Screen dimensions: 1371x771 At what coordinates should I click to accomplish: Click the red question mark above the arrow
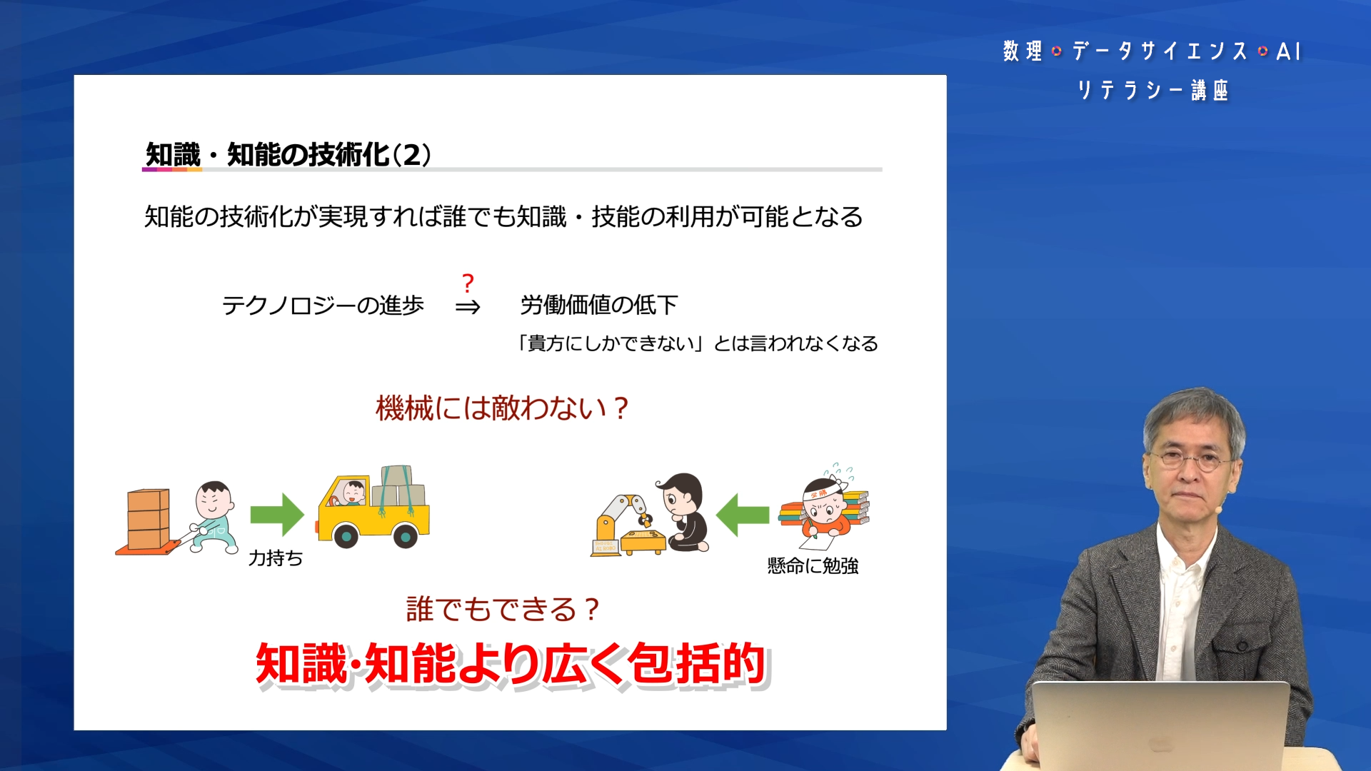(468, 283)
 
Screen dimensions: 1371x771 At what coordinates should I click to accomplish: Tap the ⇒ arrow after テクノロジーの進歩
(468, 307)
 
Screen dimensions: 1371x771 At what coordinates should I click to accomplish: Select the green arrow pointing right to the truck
(277, 514)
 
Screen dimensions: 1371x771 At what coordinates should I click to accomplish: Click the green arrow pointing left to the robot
(743, 515)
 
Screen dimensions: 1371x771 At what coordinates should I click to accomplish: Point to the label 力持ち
(276, 558)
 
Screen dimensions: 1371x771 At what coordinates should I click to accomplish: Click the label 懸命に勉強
(813, 566)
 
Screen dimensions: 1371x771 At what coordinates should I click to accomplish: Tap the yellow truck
(373, 508)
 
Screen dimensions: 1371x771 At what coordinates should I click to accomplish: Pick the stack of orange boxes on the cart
(149, 519)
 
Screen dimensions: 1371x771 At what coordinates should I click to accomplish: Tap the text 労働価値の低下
(598, 306)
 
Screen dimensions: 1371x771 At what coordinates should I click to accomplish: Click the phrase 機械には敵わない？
(503, 408)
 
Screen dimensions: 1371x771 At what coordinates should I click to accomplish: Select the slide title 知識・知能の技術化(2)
(288, 155)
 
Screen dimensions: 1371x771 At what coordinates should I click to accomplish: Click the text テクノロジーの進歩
(323, 306)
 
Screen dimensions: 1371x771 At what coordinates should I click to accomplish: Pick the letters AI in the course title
(1289, 51)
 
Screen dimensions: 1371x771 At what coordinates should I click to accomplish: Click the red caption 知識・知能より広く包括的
(511, 664)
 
